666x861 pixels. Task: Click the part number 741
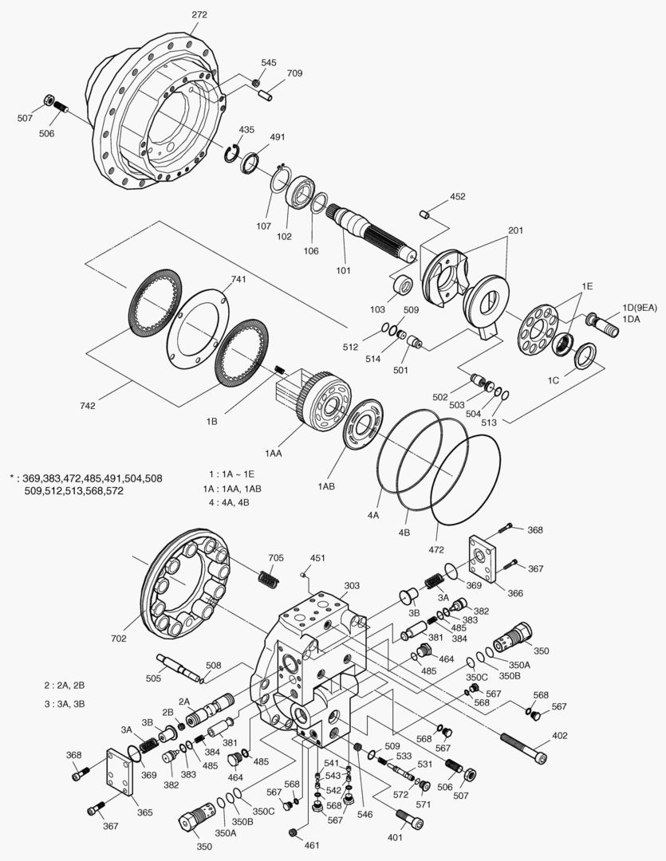(x=238, y=280)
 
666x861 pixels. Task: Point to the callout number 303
(x=353, y=586)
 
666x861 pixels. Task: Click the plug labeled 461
(x=294, y=833)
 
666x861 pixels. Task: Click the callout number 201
(x=514, y=230)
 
